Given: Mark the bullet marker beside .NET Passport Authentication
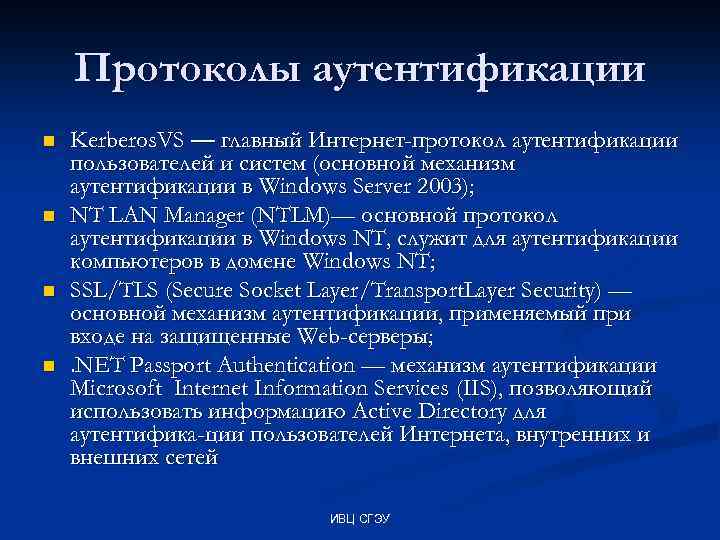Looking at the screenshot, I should tap(45, 367).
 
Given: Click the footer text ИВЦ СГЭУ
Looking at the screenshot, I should tap(359, 520).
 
